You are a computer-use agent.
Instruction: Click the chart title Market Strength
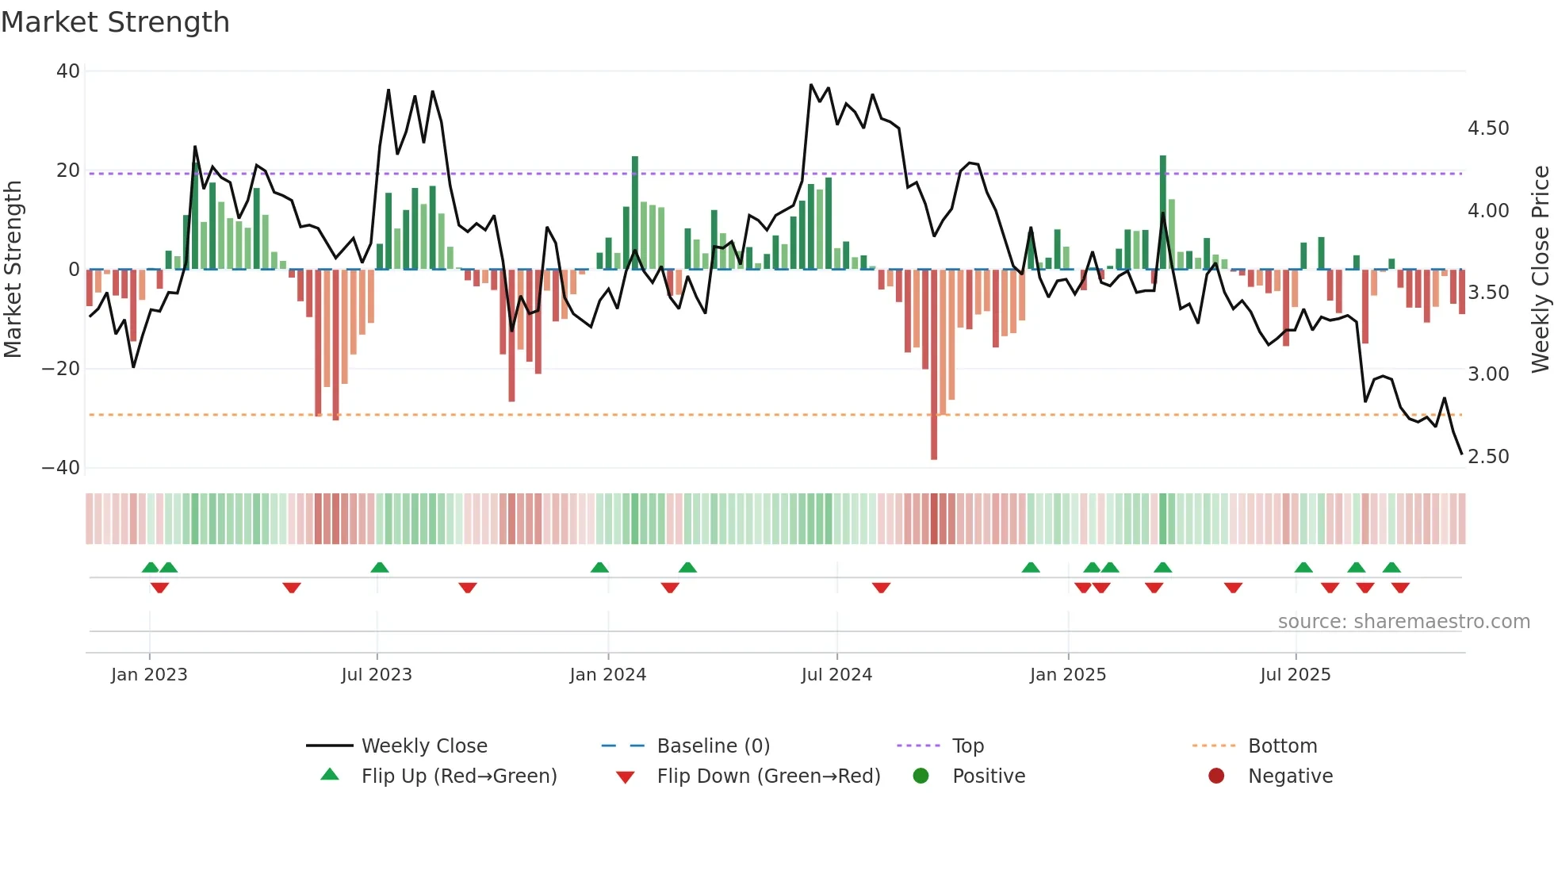coord(115,22)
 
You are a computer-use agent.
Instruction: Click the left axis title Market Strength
coord(13,269)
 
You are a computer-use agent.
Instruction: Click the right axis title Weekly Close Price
coord(1540,269)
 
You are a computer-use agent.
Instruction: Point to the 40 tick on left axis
coord(68,71)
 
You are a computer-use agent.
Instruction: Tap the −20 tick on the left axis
coord(61,369)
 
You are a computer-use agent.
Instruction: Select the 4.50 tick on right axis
coord(1488,128)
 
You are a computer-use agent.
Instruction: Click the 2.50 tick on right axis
coord(1488,457)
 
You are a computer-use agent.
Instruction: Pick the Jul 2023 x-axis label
coord(377,675)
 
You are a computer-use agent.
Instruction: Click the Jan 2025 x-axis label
coord(1067,675)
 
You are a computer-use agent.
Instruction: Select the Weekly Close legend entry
coord(423,746)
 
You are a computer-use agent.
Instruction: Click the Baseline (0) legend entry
coord(713,746)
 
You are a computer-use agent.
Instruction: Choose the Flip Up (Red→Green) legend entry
coord(458,776)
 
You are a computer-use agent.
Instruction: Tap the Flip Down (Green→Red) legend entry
coord(767,776)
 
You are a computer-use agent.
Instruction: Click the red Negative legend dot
coord(1216,776)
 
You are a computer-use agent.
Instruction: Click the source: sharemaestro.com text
coord(1403,622)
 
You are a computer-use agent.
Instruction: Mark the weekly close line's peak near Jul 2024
coord(811,85)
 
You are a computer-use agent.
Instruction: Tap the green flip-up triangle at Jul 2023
coord(380,568)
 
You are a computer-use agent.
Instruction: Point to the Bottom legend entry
coord(1281,746)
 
